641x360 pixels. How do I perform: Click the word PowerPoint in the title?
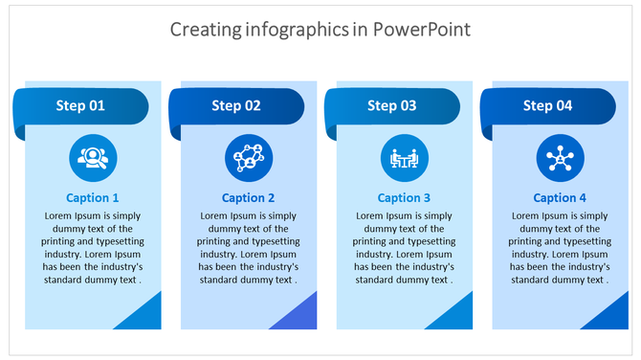point(421,30)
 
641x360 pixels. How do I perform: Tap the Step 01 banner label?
point(80,105)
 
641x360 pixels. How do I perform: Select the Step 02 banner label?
point(236,105)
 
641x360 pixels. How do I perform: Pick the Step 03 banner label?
point(392,105)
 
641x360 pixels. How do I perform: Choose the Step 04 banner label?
point(547,105)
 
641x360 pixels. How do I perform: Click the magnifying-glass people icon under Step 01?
point(93,158)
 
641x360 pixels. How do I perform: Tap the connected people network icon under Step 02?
point(249,158)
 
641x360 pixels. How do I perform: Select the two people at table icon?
point(405,158)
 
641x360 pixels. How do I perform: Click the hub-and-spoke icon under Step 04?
point(560,158)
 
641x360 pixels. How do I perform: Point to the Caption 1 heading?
point(93,198)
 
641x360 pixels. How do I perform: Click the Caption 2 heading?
point(249,198)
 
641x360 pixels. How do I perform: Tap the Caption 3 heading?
point(405,198)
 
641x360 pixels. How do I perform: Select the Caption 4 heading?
point(560,198)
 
